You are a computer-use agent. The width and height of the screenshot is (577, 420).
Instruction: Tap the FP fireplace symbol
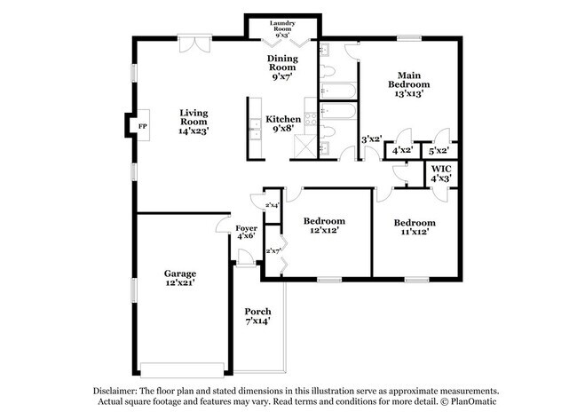click(142, 126)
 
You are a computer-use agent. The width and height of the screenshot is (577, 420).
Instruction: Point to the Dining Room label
click(283, 67)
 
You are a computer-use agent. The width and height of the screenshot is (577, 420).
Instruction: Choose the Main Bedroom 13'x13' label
click(409, 84)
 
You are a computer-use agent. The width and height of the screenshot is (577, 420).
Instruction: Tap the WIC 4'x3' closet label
click(441, 173)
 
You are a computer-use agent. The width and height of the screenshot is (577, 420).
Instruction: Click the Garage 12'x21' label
click(179, 278)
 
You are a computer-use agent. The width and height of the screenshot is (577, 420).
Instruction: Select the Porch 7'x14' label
click(258, 316)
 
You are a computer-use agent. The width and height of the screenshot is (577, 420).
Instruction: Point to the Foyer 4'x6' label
click(246, 232)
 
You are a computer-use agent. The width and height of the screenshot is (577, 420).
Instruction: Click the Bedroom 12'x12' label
click(324, 226)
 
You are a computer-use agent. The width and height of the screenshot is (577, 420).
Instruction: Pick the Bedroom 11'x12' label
click(415, 227)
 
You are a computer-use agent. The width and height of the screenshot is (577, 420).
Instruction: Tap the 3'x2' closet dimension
click(371, 139)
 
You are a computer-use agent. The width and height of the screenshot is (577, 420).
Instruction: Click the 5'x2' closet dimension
click(439, 150)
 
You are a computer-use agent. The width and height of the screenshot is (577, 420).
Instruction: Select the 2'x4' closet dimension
click(273, 206)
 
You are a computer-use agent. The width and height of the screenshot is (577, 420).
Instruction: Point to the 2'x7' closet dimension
click(273, 251)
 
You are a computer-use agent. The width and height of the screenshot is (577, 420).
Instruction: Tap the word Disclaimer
click(119, 391)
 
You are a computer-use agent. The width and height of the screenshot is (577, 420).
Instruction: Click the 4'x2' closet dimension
click(402, 150)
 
